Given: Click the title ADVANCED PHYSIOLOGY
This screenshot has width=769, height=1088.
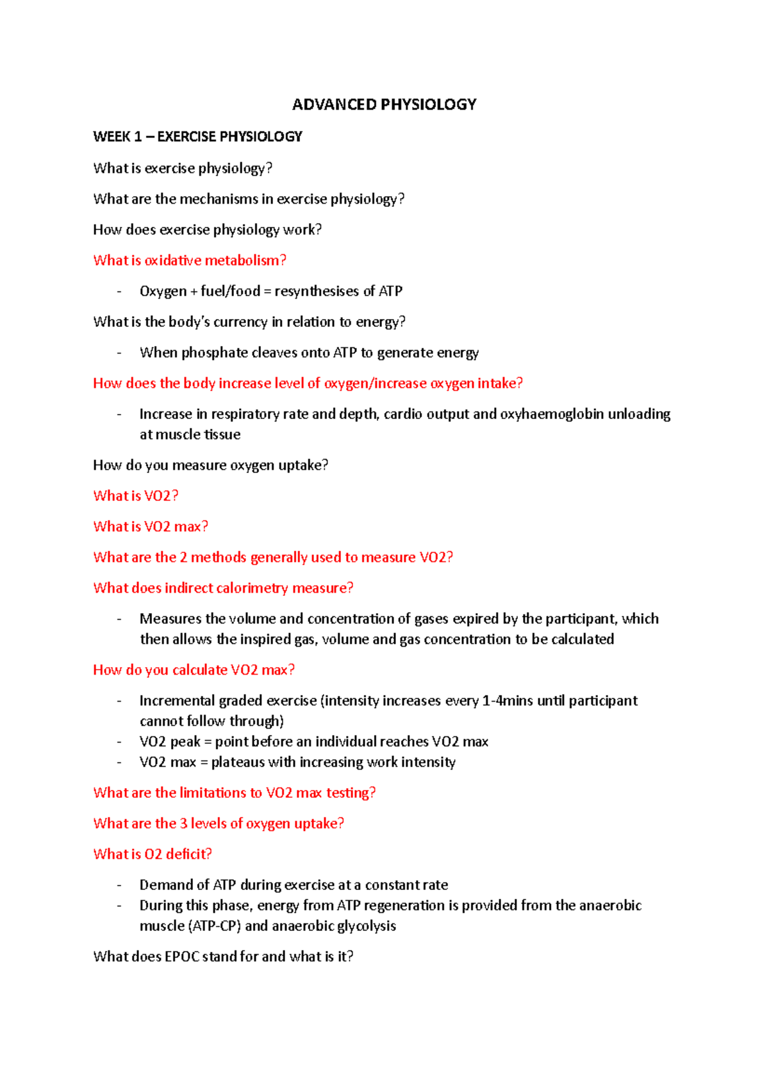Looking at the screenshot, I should click(384, 104).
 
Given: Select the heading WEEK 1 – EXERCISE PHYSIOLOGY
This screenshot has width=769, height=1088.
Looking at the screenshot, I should click(197, 136).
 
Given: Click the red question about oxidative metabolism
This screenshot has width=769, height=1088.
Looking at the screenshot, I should click(190, 260).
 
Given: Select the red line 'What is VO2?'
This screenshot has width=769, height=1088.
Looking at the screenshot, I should click(136, 495).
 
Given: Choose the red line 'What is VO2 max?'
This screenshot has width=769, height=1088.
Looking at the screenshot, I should click(151, 526).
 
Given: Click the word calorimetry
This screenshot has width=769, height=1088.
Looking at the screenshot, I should click(252, 588).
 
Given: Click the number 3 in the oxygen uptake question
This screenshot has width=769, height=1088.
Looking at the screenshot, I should click(183, 823).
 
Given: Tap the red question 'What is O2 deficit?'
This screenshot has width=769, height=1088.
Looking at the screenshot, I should click(153, 854).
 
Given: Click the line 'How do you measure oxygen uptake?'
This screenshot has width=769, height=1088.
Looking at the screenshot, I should click(210, 465).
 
